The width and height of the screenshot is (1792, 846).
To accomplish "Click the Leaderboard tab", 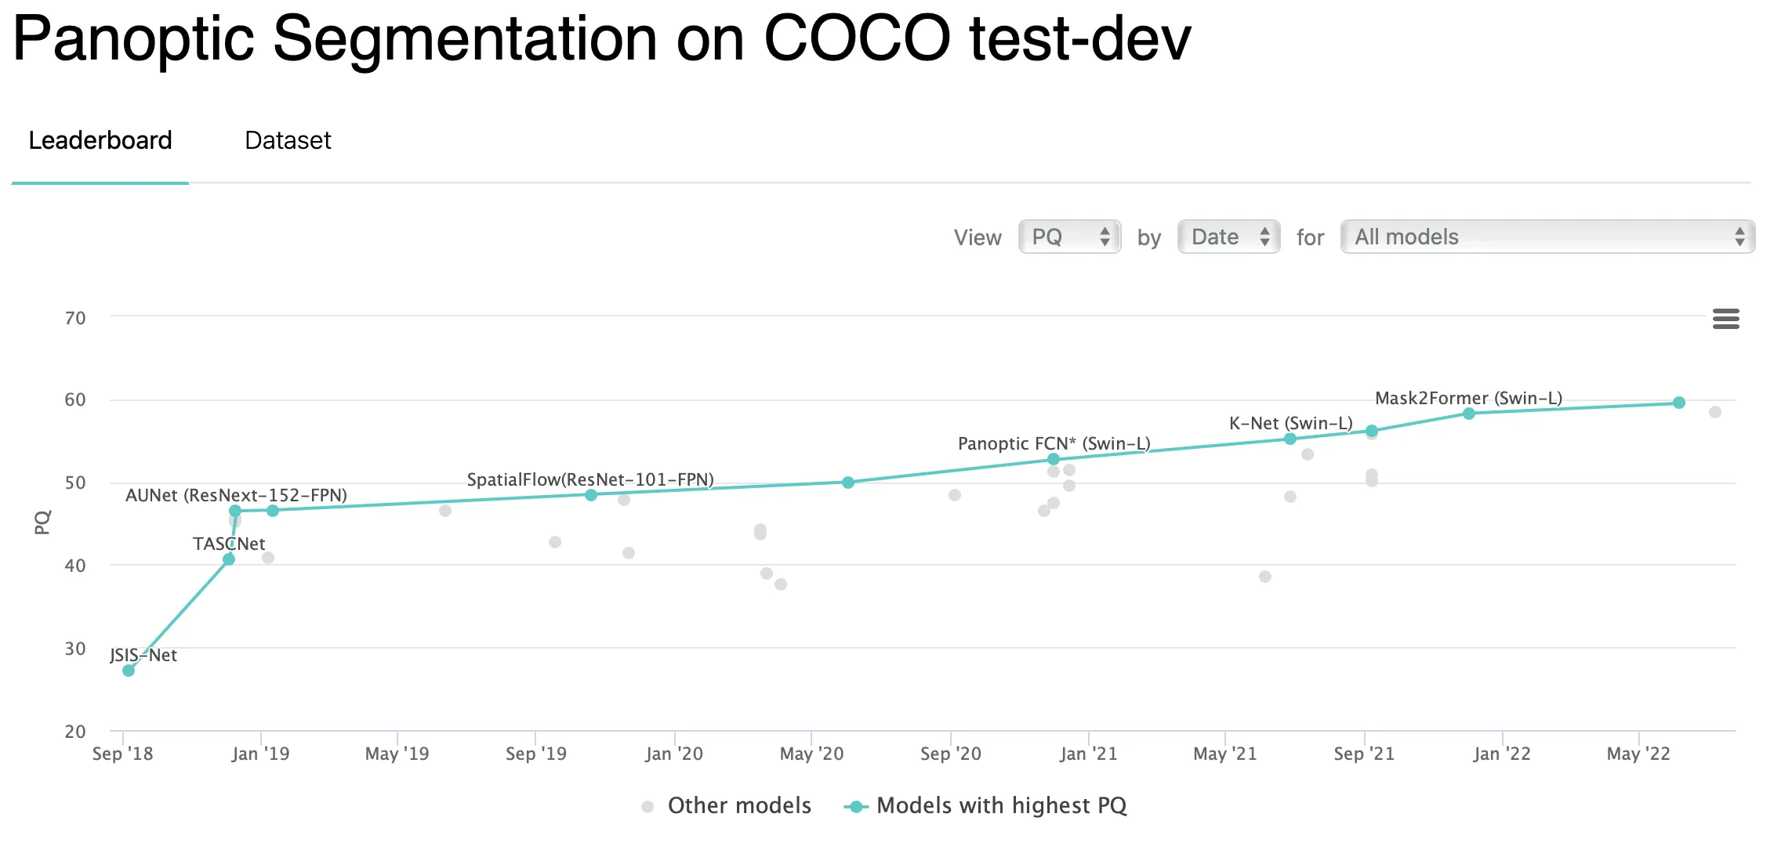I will pos(100,141).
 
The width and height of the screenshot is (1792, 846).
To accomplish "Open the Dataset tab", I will pos(288,141).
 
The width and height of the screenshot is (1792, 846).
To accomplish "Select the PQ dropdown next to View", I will pos(1069,237).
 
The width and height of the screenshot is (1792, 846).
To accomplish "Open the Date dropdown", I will pos(1228,237).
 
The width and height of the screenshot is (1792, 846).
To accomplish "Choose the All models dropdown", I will pos(1547,237).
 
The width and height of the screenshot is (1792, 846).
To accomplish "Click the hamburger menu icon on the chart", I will pos(1725,319).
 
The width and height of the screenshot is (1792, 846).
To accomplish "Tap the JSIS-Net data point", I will pos(129,671).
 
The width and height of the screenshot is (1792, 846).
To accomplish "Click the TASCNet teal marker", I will pos(229,559).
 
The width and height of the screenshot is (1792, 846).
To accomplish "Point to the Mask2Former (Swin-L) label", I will pos(1468,398).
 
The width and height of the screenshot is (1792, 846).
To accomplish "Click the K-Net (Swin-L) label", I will pos(1290,424).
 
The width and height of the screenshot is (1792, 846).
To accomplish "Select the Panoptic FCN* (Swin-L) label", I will pos(1054,444).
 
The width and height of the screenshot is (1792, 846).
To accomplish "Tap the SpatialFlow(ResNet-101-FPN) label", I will pos(590,479).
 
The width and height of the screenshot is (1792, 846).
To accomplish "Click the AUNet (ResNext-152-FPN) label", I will pos(236,495).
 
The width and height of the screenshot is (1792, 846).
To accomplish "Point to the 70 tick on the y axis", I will pos(75,318).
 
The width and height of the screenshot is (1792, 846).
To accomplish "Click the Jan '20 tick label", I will pos(674,754).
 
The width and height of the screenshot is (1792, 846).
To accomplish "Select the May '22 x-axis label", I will pos(1638,754).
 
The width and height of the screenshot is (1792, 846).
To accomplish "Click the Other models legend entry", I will pos(738,805).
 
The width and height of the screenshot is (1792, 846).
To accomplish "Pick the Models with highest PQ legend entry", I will pos(1001,805).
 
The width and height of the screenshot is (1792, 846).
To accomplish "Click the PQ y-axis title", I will pos(42,522).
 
